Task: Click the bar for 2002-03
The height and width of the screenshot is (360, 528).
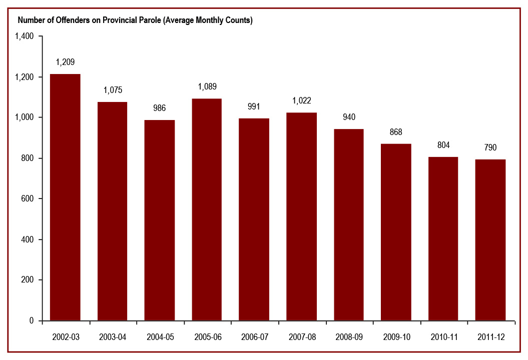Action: click(65, 197)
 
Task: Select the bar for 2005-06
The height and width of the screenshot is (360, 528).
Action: click(207, 209)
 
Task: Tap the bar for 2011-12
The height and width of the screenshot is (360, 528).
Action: click(490, 240)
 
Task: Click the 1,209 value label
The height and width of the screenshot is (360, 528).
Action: click(65, 62)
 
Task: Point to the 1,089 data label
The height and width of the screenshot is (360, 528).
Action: click(207, 86)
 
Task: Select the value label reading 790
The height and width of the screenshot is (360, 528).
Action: click(490, 147)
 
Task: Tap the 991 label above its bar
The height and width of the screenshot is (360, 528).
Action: click(254, 106)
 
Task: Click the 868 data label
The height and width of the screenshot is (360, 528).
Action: click(395, 132)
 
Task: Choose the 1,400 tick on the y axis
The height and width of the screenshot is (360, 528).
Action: click(24, 36)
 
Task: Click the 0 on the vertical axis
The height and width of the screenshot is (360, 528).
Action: click(31, 321)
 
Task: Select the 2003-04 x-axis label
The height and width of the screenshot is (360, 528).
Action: click(113, 337)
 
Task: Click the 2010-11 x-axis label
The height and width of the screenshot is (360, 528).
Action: click(443, 337)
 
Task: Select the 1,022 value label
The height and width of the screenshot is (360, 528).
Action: click(301, 100)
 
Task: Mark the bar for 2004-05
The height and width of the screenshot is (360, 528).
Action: click(160, 220)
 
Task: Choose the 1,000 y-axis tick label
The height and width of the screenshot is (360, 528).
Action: click(24, 117)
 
